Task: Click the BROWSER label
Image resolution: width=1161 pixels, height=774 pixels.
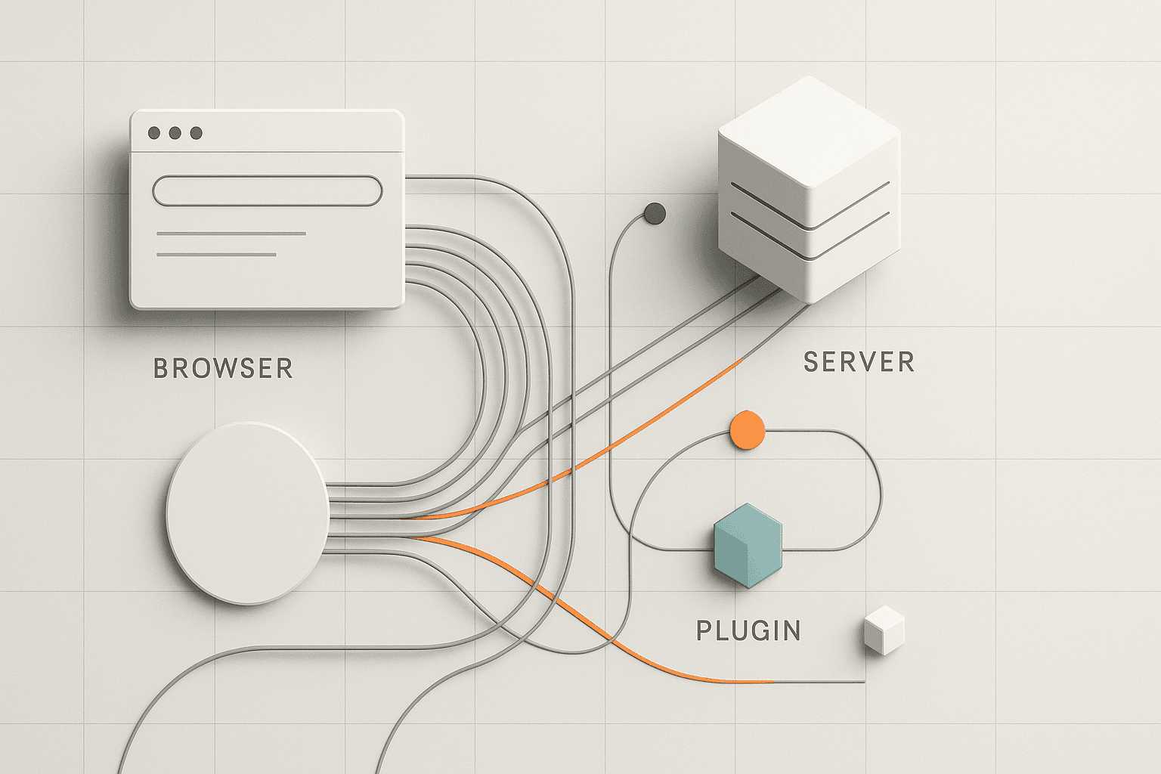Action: pos(223,368)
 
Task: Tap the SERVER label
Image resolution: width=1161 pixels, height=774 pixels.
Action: pos(859,362)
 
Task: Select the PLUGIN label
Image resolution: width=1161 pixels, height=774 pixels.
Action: pos(748,630)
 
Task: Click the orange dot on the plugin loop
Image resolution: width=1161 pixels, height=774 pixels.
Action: pos(748,430)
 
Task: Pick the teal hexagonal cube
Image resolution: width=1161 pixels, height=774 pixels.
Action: pos(748,545)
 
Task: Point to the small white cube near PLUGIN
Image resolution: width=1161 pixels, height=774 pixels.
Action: pos(884,630)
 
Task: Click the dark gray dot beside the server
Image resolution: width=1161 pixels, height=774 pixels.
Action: pos(655,214)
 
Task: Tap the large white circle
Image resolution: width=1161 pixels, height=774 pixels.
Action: pos(248,513)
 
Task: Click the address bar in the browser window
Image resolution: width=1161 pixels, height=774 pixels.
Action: pos(268,190)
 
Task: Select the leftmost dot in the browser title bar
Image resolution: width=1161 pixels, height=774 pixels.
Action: pos(154,133)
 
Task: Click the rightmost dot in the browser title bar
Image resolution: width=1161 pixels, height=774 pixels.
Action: pos(197,133)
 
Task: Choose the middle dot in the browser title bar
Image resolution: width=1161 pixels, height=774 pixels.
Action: pos(175,133)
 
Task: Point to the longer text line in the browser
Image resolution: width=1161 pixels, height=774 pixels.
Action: pos(231,234)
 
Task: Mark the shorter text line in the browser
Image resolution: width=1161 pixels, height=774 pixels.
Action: pos(216,255)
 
